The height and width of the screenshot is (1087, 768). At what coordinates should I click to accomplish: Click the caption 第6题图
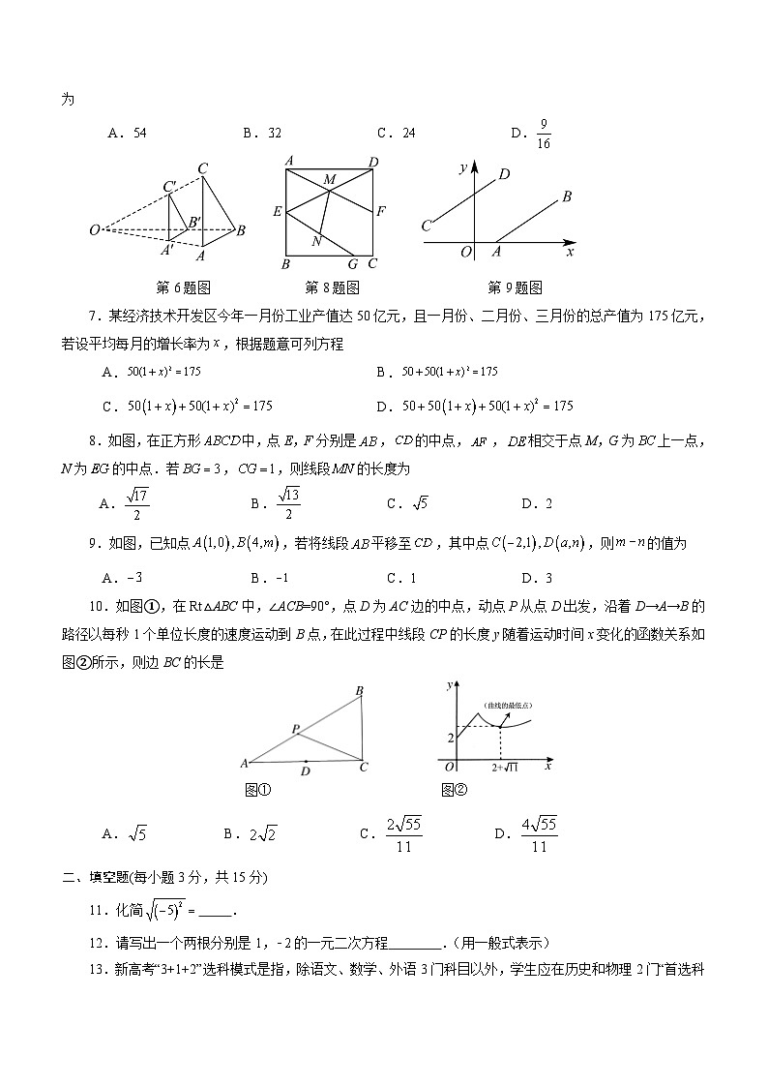point(183,287)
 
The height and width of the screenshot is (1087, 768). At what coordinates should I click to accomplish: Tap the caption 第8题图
point(332,287)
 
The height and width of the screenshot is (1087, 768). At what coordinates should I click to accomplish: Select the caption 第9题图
point(515,287)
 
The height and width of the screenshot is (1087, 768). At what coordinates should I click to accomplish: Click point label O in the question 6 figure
point(94,230)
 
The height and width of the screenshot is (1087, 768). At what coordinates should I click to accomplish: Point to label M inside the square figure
point(329,180)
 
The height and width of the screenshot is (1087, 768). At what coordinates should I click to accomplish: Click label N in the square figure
point(316,242)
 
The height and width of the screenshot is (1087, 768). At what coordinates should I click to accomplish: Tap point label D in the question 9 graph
point(503,175)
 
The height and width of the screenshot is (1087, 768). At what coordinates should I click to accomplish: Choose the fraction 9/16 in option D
point(545,134)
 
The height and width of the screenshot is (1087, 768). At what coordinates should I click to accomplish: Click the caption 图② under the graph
point(454,789)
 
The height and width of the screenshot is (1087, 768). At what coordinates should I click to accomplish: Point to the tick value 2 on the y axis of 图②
point(450,739)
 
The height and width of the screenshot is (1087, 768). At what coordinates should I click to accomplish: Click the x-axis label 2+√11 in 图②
point(505,767)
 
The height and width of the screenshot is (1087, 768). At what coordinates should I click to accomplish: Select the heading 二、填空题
point(103,878)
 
